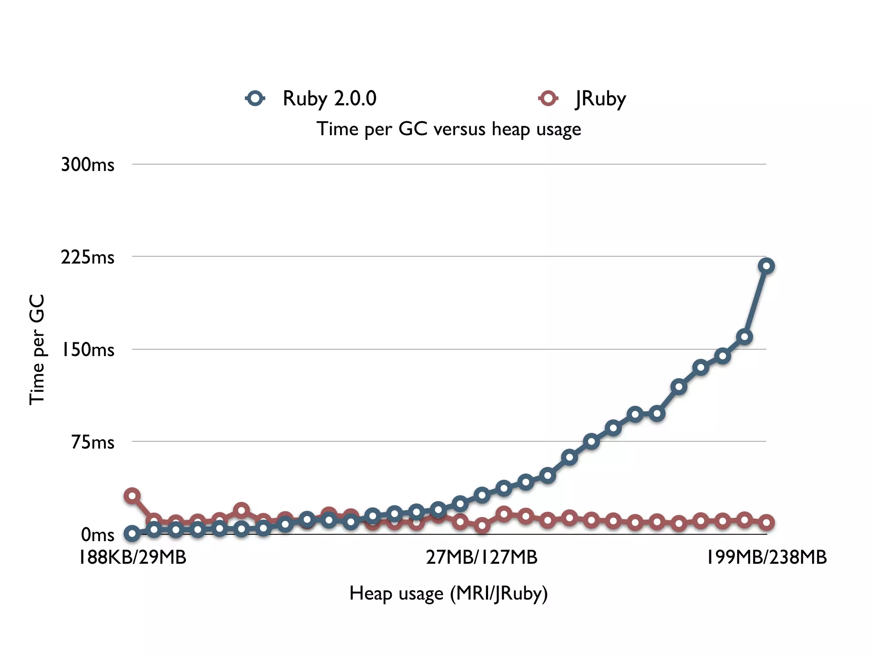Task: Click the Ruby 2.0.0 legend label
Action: pos(330,99)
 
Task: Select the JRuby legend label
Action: pos(600,99)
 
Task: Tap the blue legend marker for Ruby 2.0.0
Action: pos(255,99)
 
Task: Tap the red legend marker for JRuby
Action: pos(548,99)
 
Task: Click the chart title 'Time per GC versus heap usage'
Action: pos(448,129)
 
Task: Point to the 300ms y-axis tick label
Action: pos(87,165)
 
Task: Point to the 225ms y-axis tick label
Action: pos(87,257)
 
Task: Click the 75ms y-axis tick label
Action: pos(93,442)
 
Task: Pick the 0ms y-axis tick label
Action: pos(98,535)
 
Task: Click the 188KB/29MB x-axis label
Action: pos(133,557)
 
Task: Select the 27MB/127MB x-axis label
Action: pos(482,557)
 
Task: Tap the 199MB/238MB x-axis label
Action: pos(766,557)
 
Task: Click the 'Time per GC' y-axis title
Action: pos(37,350)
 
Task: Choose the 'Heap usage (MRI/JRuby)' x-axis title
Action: pos(448,593)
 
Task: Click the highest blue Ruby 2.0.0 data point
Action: pos(766,266)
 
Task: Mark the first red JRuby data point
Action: pos(132,496)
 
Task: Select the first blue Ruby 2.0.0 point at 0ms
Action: pos(132,533)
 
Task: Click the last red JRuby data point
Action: pos(766,522)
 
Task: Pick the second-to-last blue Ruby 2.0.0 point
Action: pos(744,337)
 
